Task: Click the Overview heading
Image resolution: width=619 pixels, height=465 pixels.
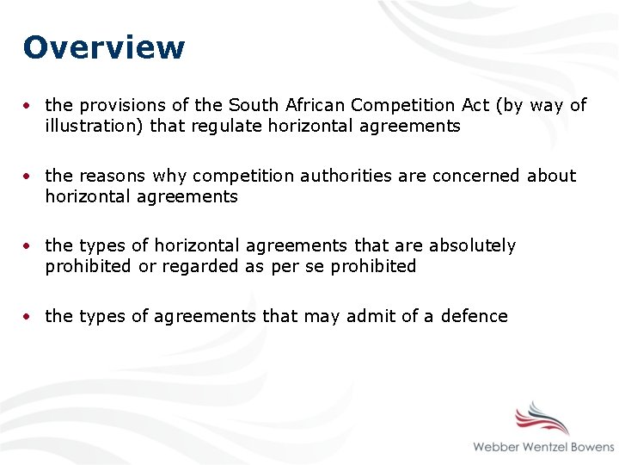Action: [x=104, y=47]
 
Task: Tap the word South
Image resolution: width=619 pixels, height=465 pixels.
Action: [x=253, y=105]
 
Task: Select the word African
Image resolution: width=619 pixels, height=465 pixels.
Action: [x=313, y=105]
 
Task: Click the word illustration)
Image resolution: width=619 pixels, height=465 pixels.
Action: [x=95, y=127]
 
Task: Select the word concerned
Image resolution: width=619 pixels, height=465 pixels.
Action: [x=475, y=176]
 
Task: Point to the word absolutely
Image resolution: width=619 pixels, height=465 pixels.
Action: [x=472, y=245]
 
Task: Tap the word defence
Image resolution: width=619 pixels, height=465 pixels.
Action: [x=474, y=316]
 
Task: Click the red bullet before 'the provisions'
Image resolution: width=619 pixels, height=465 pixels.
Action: [x=29, y=106]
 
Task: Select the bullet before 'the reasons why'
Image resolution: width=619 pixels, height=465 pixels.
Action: [x=29, y=177]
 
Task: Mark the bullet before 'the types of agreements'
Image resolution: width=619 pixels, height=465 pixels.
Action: [x=29, y=317]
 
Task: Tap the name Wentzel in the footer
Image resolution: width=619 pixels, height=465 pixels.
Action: [x=551, y=447]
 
